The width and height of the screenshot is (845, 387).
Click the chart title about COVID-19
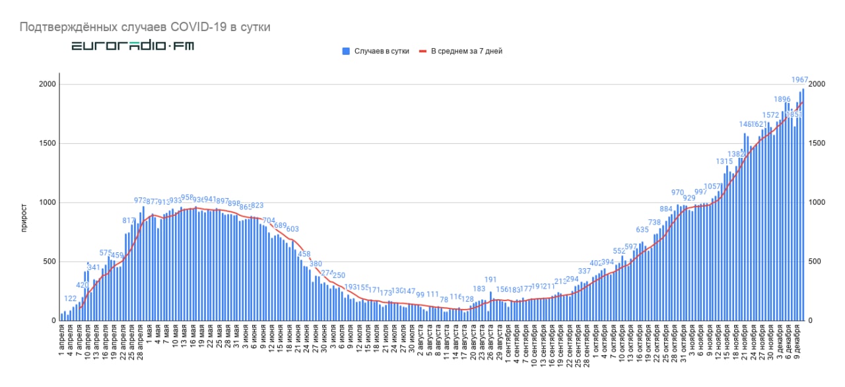point(145,27)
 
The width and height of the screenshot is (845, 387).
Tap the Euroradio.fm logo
point(133,46)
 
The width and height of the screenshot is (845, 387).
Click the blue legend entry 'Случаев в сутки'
point(376,51)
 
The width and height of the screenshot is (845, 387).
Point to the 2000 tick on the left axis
point(48,85)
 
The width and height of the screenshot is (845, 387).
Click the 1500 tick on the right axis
point(817,143)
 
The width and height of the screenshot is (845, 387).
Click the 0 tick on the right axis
point(811,321)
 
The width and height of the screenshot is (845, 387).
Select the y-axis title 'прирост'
point(25,202)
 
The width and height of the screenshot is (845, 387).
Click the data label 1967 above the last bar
point(800,81)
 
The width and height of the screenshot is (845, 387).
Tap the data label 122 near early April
point(71,299)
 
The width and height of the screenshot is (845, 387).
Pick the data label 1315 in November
point(725,162)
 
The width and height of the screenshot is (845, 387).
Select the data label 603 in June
point(292,229)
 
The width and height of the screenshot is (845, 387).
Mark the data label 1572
point(771,116)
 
